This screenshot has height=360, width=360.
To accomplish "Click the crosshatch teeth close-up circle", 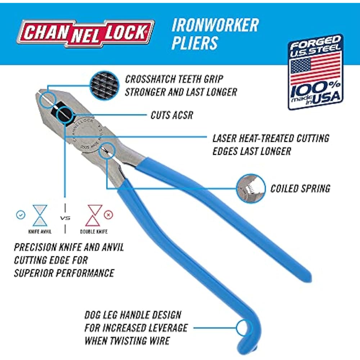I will (105, 85).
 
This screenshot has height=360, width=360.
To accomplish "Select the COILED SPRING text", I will (300, 188).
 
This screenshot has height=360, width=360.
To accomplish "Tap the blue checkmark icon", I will (21, 215).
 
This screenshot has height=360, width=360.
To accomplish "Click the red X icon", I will (108, 215).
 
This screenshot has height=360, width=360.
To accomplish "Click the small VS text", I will (65, 218).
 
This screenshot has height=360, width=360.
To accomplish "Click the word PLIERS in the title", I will (195, 43).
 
